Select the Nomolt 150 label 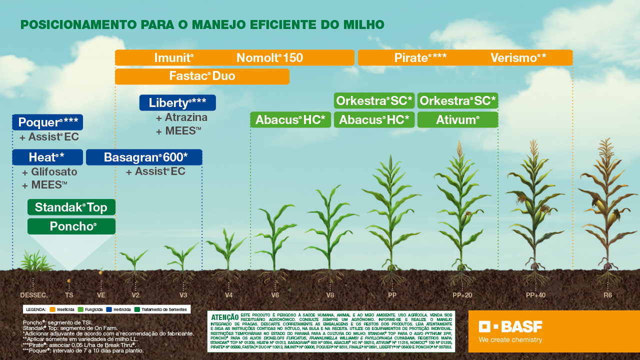[269, 58]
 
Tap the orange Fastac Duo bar [202, 76]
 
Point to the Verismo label [518, 58]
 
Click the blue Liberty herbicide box [177, 103]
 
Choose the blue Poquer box [47, 122]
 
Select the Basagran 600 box [144, 157]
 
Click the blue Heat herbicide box [47, 157]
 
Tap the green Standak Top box [71, 207]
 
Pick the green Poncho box [71, 226]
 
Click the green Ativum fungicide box [457, 120]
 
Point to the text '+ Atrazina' [181, 118]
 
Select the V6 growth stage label [275, 295]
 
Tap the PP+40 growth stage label [535, 295]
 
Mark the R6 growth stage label [607, 295]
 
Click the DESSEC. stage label [34, 295]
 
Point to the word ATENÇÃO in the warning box [225, 317]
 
